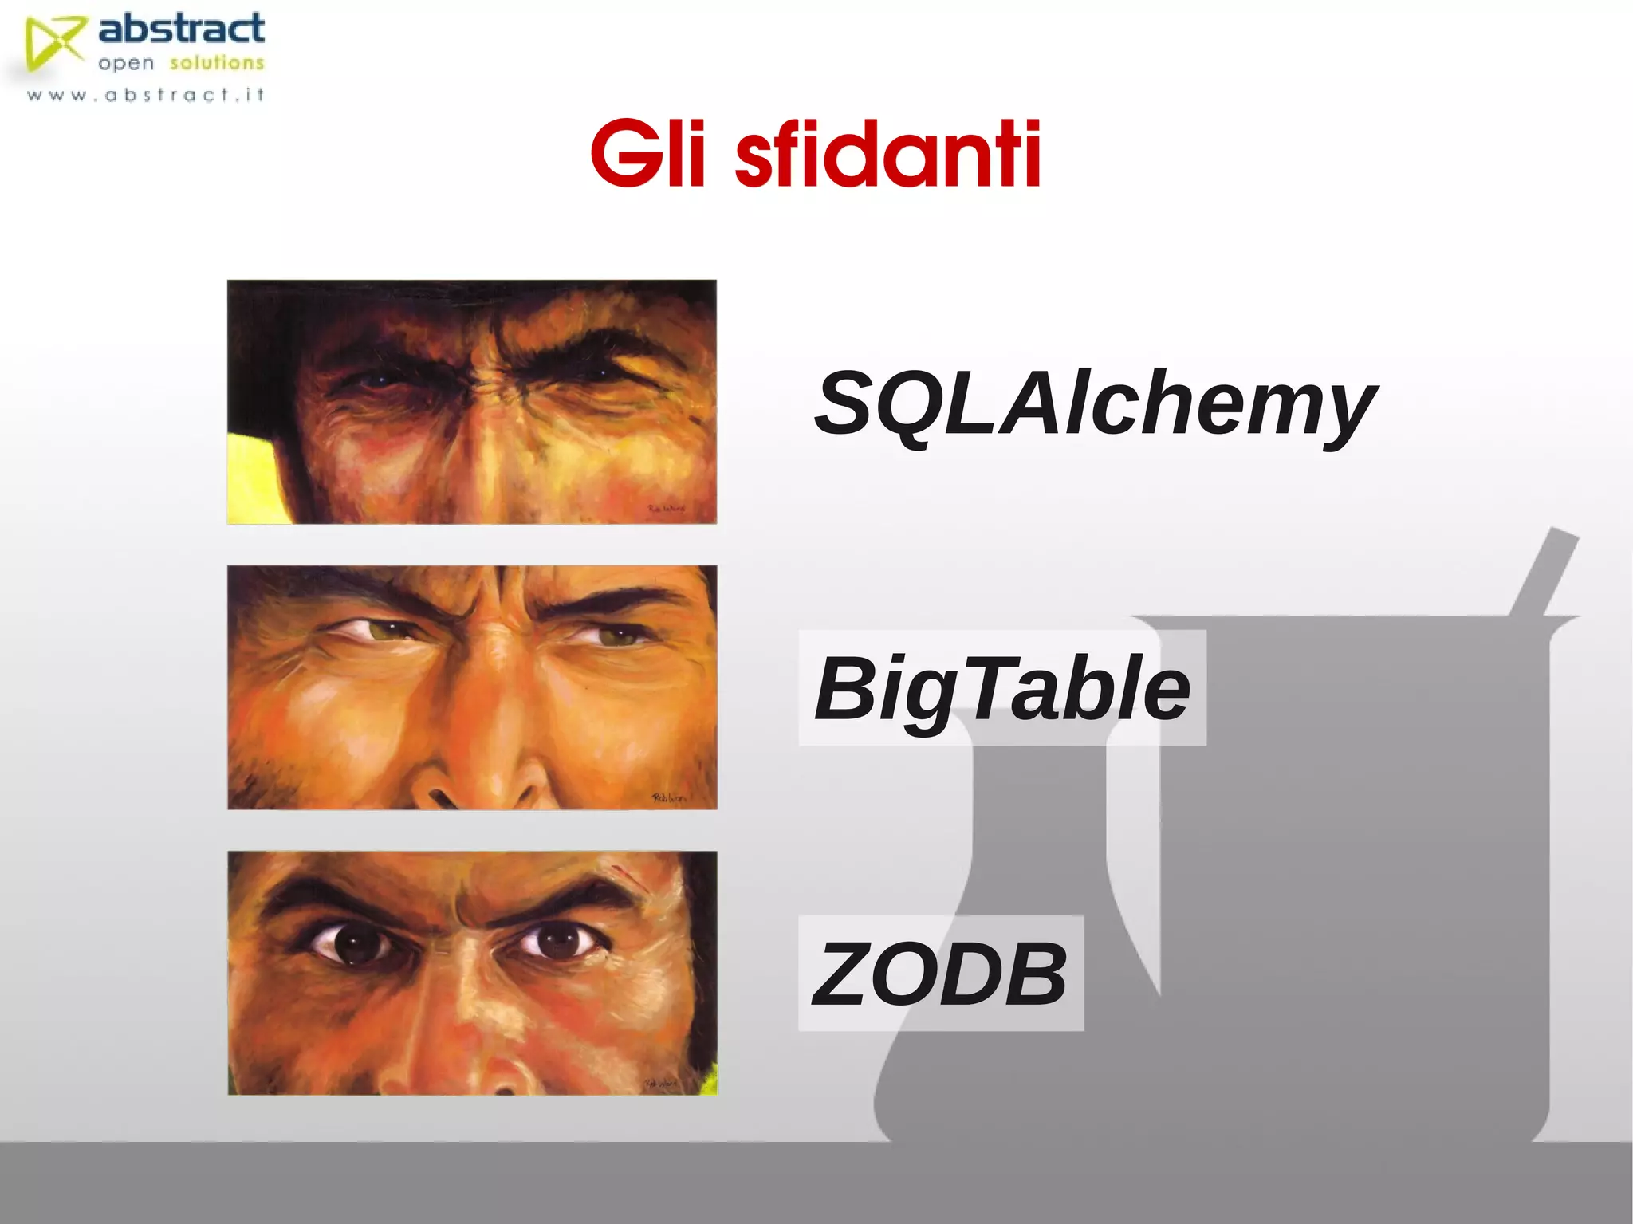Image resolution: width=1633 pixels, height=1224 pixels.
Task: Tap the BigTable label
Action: coord(1001,688)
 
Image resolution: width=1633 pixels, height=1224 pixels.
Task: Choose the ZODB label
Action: coord(940,973)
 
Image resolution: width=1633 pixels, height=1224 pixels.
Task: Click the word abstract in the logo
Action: coord(182,30)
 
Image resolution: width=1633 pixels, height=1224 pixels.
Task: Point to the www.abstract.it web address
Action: coord(146,96)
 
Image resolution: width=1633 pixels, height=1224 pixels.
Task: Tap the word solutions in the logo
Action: coord(216,63)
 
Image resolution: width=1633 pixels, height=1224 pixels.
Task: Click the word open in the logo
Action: coord(125,64)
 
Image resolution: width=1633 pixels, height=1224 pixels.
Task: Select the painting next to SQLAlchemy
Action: coord(471,402)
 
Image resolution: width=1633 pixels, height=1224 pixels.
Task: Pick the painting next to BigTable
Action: coord(471,687)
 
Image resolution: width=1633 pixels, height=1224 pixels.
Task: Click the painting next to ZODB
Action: coord(471,973)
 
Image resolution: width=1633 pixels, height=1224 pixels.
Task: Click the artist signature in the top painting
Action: coord(666,508)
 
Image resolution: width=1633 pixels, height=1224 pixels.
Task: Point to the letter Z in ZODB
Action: coord(841,974)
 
